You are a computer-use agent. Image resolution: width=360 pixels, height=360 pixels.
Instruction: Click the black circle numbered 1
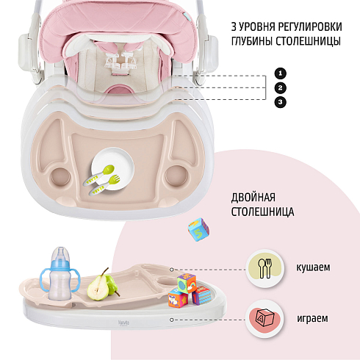[281, 73]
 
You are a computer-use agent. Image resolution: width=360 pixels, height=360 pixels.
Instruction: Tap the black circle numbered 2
[281, 87]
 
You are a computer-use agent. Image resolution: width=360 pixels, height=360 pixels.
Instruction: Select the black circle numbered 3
[281, 102]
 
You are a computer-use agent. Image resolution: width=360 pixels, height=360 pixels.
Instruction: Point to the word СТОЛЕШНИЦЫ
[309, 41]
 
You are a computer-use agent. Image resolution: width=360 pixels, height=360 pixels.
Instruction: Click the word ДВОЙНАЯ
[253, 198]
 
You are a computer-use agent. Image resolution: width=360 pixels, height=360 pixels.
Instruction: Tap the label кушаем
[313, 267]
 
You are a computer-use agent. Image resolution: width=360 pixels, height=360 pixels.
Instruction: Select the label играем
[312, 319]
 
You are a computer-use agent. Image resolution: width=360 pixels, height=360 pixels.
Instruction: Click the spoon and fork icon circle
[265, 268]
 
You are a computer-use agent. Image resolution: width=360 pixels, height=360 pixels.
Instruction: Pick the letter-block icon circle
[264, 319]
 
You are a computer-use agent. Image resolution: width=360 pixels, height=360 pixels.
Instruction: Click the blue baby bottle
[60, 274]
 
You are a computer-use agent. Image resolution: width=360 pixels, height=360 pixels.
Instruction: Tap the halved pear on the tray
[98, 287]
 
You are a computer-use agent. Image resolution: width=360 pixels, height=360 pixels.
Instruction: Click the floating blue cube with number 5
[198, 229]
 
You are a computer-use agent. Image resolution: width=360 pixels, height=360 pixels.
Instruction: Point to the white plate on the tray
[113, 168]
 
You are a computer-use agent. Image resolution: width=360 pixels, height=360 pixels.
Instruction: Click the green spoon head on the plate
[108, 169]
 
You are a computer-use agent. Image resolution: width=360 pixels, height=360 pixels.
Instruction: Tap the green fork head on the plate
[114, 180]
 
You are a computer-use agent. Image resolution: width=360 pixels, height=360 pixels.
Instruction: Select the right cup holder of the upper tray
[176, 176]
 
